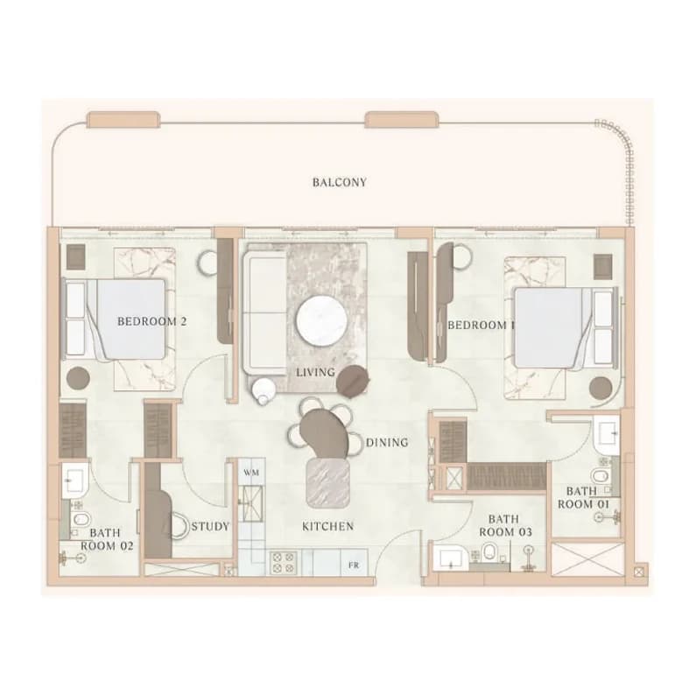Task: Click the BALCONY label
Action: pyautogui.click(x=340, y=182)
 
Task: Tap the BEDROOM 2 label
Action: pyautogui.click(x=151, y=321)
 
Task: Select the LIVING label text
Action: pyautogui.click(x=315, y=372)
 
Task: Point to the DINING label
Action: pyautogui.click(x=387, y=442)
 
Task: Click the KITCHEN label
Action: pyautogui.click(x=328, y=526)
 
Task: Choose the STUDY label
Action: pyautogui.click(x=210, y=526)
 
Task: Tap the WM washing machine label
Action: pyautogui.click(x=251, y=472)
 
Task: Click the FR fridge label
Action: pyautogui.click(x=354, y=565)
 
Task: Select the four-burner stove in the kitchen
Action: pyautogui.click(x=284, y=562)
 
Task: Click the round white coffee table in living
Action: pyautogui.click(x=322, y=320)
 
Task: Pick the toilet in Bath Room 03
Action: pyautogui.click(x=489, y=552)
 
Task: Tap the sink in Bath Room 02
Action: pyautogui.click(x=74, y=480)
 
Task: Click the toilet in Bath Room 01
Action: pyautogui.click(x=600, y=477)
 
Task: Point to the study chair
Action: pyautogui.click(x=179, y=525)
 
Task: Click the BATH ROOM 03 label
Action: pyautogui.click(x=505, y=525)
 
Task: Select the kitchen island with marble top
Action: pyautogui.click(x=328, y=483)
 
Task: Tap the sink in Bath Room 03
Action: pyautogui.click(x=450, y=558)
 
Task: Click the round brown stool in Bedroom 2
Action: pyautogui.click(x=78, y=378)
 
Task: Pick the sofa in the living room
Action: pyautogui.click(x=264, y=312)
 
